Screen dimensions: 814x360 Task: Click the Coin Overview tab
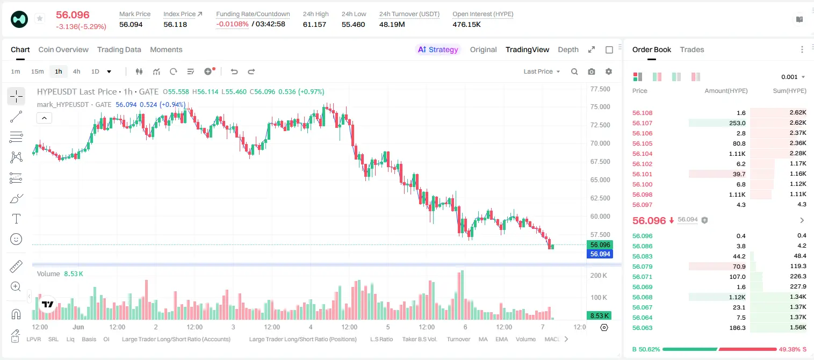[63, 49]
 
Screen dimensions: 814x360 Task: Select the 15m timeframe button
[37, 71]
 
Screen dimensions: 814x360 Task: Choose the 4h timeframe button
[76, 71]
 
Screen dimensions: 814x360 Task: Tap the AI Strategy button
[438, 49]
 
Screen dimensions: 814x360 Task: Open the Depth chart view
[568, 49]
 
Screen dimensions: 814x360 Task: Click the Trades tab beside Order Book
[692, 49]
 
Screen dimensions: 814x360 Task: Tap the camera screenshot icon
[592, 71]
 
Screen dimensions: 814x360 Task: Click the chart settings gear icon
[609, 71]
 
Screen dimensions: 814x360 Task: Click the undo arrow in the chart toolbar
[234, 71]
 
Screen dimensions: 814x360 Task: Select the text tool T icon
[16, 219]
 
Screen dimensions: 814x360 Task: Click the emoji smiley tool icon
[16, 239]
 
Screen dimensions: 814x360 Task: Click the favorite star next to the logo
[40, 18]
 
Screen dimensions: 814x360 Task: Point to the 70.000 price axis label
[600, 143]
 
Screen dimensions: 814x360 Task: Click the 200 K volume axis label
[599, 275]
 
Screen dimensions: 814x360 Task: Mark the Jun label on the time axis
[78, 327]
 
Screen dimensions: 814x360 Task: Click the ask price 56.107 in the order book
[642, 123]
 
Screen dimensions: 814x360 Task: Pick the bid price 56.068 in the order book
[642, 297]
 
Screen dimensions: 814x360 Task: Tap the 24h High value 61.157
[314, 24]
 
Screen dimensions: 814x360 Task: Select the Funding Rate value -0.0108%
[232, 24]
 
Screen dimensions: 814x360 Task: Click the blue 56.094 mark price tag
[600, 254]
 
